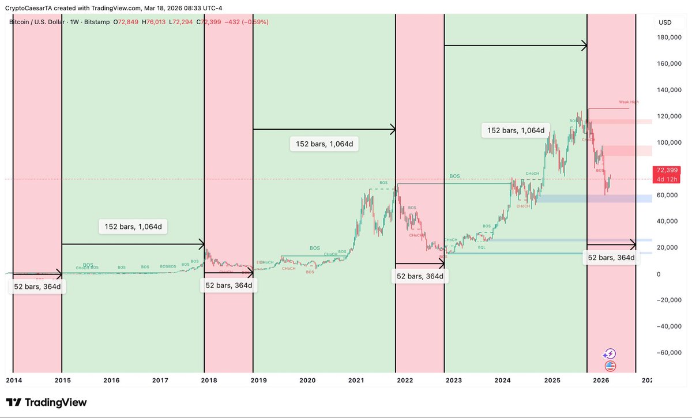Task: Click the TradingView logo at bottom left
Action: (x=46, y=402)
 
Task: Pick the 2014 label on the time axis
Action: (x=14, y=381)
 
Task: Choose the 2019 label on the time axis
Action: (x=258, y=381)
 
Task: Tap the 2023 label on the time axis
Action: (x=454, y=381)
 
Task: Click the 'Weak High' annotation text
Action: (x=629, y=102)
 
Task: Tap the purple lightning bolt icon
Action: (x=610, y=354)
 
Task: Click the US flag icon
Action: (x=610, y=366)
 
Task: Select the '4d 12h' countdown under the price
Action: (x=667, y=179)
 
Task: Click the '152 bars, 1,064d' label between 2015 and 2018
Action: (x=133, y=227)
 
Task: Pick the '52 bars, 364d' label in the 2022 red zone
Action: (x=420, y=276)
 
